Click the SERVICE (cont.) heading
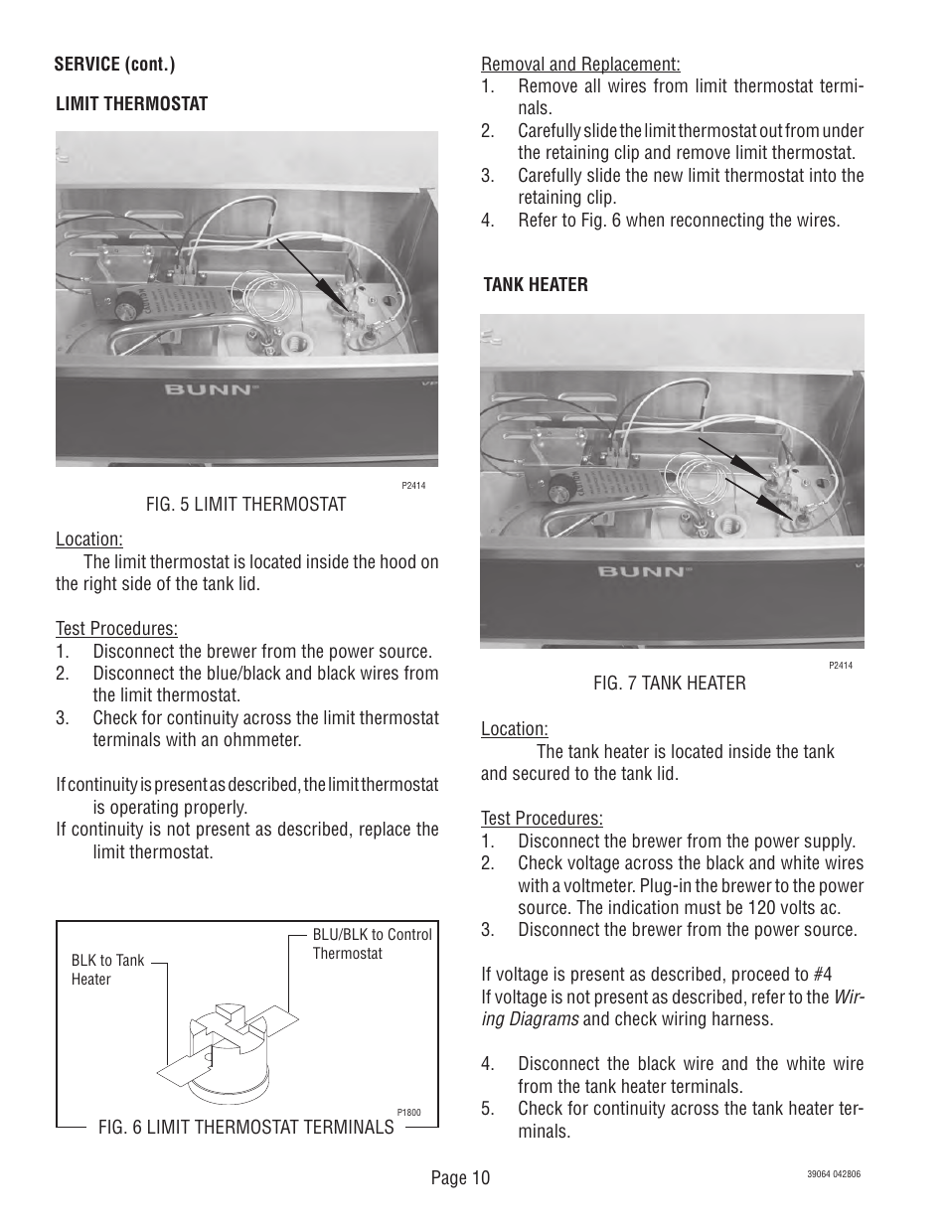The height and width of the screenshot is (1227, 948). coord(115,65)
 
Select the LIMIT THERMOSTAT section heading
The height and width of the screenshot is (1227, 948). coord(131,103)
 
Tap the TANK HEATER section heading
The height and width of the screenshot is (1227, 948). coord(536,284)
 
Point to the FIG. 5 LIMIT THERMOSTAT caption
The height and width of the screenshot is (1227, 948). coord(245,505)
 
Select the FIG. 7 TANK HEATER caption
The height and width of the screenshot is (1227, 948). coord(669,683)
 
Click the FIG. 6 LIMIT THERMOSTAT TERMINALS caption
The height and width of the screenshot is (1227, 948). coord(245,1127)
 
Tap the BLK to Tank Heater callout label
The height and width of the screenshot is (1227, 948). coord(107,970)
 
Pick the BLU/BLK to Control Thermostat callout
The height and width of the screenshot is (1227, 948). coord(372,944)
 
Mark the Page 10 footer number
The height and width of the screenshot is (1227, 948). coord(460,1178)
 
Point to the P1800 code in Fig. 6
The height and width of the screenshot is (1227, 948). coord(408,1113)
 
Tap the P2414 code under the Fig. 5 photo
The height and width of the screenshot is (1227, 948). coord(413,487)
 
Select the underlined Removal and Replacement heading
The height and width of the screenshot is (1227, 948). coord(580,65)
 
